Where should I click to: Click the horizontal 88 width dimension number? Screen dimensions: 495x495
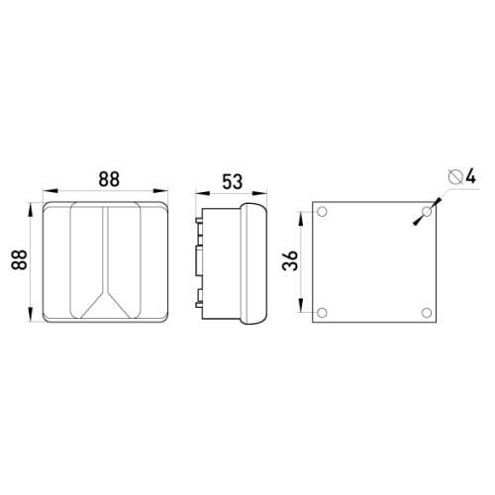tap(109, 179)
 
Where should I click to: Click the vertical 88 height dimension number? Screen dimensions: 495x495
tap(19, 259)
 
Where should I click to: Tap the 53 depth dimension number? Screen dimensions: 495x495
tap(232, 181)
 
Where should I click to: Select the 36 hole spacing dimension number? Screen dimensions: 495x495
tap(290, 260)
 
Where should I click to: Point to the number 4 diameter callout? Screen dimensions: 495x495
tap(470, 176)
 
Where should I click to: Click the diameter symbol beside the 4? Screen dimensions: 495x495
tap(455, 176)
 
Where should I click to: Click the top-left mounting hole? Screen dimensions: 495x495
tap(322, 211)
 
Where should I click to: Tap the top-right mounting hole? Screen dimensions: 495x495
tap(427, 211)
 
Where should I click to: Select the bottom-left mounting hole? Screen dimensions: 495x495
tap(322, 312)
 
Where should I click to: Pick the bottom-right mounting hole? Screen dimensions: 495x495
tap(427, 312)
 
